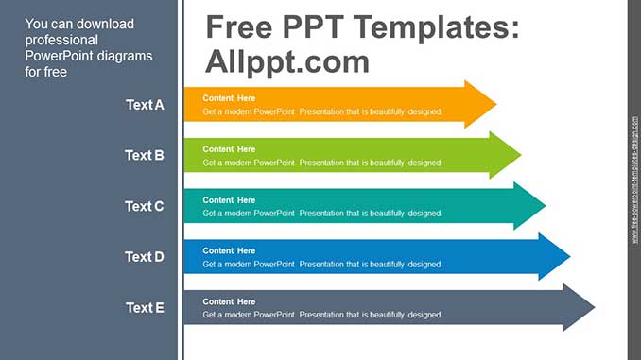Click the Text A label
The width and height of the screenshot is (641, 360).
coord(145,105)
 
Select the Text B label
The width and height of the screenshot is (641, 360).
coord(145,155)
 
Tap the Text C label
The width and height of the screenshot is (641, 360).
coord(145,206)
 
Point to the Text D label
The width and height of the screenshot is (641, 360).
coord(145,257)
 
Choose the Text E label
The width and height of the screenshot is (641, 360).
coord(145,307)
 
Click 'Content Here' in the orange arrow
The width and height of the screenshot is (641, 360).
coord(229,98)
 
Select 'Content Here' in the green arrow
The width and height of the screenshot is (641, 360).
coord(229,149)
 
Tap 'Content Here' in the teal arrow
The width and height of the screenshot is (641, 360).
coord(229,200)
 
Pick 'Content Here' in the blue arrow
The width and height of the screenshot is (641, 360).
coord(229,251)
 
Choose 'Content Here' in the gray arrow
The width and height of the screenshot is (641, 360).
coord(229,301)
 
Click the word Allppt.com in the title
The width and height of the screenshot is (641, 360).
coord(286,61)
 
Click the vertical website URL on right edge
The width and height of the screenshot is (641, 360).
coord(634,180)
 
